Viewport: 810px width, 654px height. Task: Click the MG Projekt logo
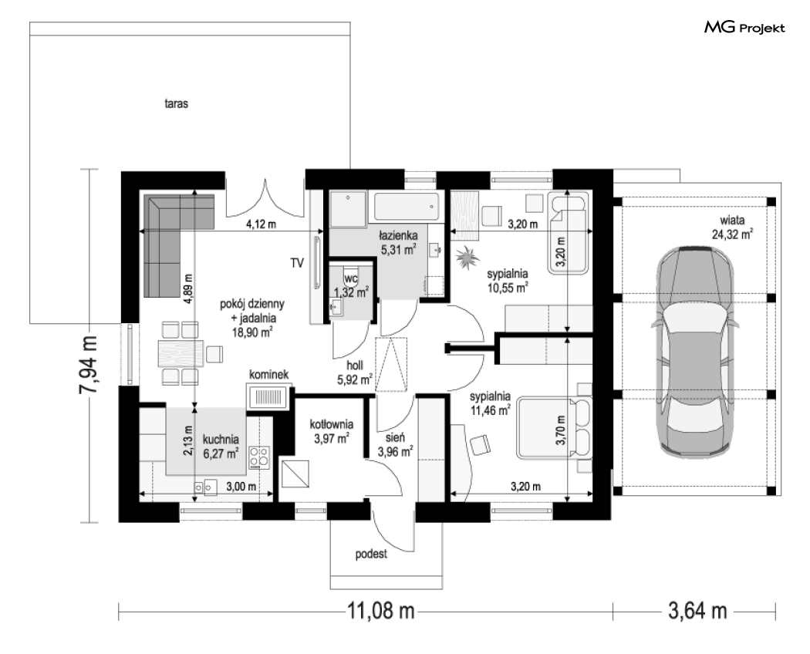click(744, 28)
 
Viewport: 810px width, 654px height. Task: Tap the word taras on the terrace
click(176, 104)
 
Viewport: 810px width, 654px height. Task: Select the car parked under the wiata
click(695, 351)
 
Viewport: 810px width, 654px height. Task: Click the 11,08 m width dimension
click(381, 611)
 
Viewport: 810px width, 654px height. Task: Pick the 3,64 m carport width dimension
click(697, 611)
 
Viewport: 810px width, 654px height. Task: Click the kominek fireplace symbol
click(268, 396)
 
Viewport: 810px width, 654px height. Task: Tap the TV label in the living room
click(296, 264)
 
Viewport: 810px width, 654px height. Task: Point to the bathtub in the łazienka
click(407, 207)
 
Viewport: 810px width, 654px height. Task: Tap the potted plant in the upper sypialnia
click(468, 257)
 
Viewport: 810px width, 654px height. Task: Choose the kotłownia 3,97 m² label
click(332, 432)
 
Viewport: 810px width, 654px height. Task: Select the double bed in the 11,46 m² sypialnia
click(555, 428)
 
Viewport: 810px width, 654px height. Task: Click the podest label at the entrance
click(371, 555)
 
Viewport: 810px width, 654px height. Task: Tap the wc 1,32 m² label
click(351, 285)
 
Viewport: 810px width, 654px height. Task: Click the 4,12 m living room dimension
click(261, 224)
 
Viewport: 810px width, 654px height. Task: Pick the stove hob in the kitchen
click(259, 457)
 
